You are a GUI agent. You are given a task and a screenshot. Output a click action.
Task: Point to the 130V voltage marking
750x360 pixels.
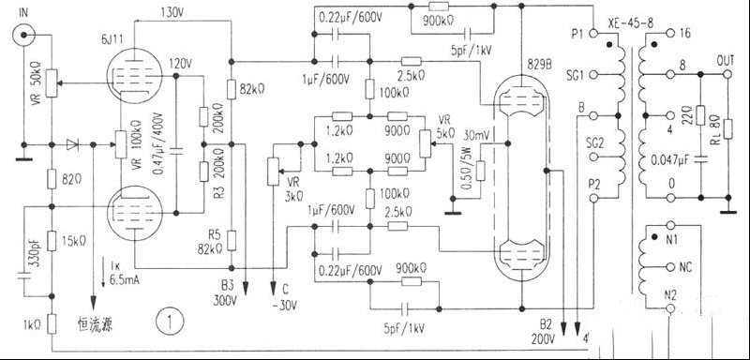tap(172, 13)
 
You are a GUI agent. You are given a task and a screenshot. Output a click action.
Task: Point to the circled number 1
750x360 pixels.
tap(169, 322)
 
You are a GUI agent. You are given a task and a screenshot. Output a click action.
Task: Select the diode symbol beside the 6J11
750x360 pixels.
tap(73, 144)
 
